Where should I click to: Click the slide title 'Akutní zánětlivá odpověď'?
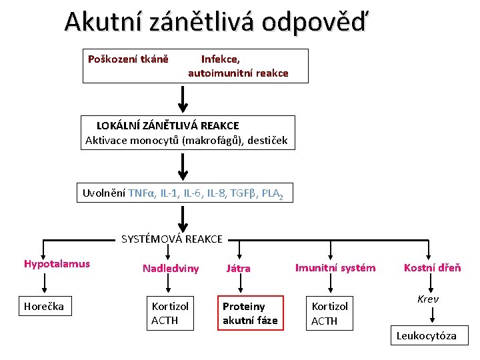pyautogui.click(x=215, y=23)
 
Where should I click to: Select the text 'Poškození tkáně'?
pyautogui.click(x=128, y=59)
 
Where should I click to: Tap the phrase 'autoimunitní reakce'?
pyautogui.click(x=238, y=73)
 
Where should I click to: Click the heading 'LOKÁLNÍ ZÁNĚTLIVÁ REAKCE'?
pyautogui.click(x=167, y=125)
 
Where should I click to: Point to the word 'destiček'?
pyautogui.click(x=266, y=140)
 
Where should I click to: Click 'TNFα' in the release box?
pyautogui.click(x=141, y=194)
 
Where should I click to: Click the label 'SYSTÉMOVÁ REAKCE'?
pyautogui.click(x=172, y=239)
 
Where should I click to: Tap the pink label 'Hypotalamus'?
pyautogui.click(x=57, y=264)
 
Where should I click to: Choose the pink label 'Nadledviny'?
pyautogui.click(x=171, y=269)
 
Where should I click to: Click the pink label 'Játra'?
pyautogui.click(x=238, y=269)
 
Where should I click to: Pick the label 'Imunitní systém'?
pyautogui.click(x=335, y=268)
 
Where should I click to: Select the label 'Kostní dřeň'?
pyautogui.click(x=432, y=268)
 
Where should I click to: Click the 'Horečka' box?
pyautogui.click(x=44, y=307)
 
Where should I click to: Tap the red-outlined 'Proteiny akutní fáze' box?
pyautogui.click(x=249, y=313)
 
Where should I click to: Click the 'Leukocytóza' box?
pyautogui.click(x=427, y=336)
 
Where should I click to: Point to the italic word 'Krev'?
pyautogui.click(x=428, y=299)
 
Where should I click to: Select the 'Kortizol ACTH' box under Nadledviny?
pyautogui.click(x=170, y=313)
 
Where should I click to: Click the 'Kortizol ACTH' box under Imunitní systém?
pyautogui.click(x=330, y=313)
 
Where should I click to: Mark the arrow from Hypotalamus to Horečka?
pyautogui.click(x=44, y=283)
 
